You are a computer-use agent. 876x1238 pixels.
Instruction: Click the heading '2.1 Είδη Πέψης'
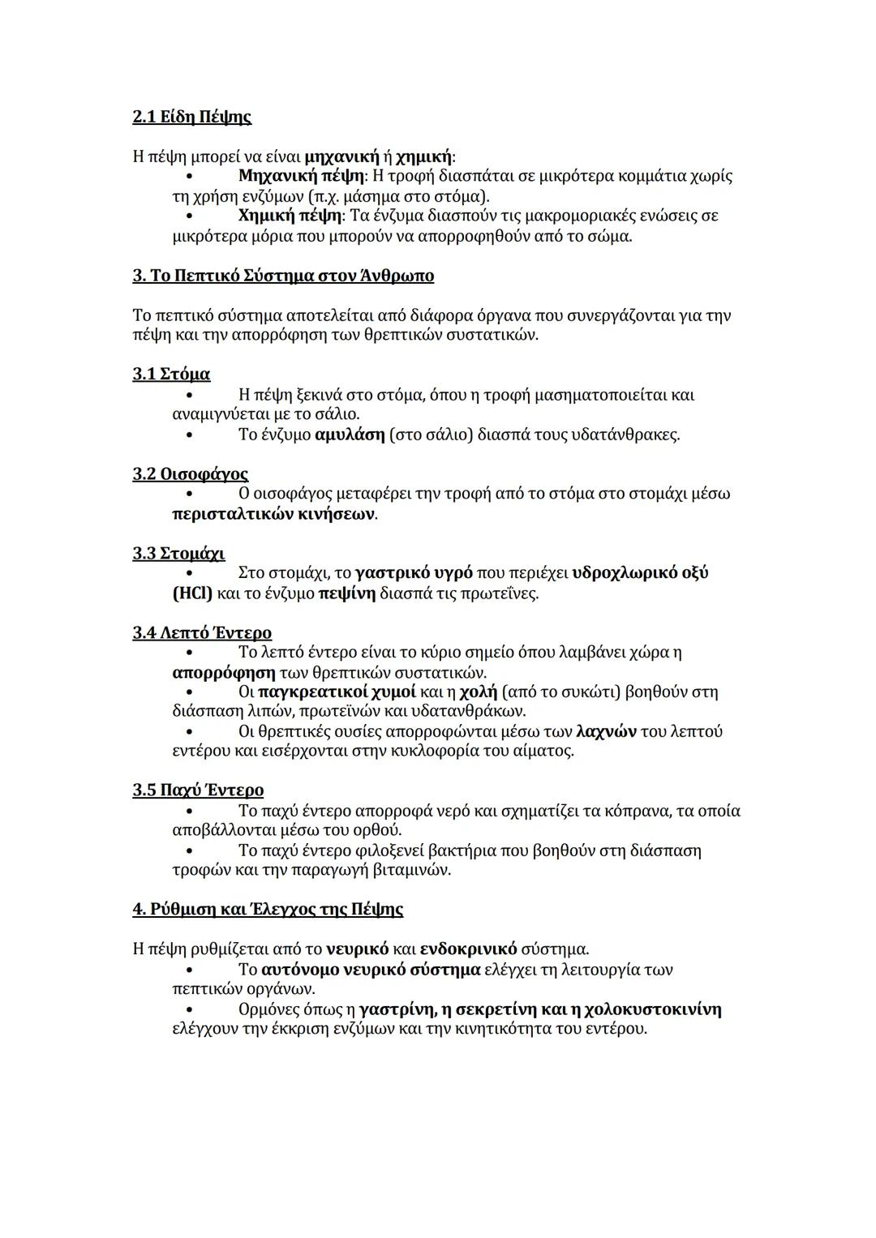tap(191, 117)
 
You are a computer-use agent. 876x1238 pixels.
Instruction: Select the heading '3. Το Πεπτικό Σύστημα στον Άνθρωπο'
tap(283, 276)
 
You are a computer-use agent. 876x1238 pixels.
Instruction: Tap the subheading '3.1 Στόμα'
tap(171, 374)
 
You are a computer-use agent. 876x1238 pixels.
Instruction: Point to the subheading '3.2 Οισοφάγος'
tap(190, 473)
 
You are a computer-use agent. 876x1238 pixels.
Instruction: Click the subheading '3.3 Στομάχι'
tap(178, 553)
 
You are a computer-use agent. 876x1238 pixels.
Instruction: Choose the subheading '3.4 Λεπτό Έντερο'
tap(202, 632)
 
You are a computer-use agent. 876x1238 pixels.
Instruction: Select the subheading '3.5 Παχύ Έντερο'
tap(198, 790)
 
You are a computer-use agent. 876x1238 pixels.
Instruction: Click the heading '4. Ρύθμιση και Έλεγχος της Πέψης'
tap(268, 909)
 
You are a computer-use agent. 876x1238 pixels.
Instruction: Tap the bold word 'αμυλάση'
tap(350, 435)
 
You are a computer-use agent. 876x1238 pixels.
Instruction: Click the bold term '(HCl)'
tap(192, 593)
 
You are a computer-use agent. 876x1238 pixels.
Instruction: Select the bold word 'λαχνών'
tap(605, 731)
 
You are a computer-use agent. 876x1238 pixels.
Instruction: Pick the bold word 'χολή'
tap(478, 692)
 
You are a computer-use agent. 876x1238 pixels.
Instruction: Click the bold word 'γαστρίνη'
tap(395, 1009)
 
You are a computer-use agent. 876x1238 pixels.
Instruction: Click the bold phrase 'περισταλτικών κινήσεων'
tap(274, 514)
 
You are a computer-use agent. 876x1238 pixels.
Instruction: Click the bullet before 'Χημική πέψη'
tap(189, 216)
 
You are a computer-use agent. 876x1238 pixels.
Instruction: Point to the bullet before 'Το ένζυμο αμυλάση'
tap(189, 435)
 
